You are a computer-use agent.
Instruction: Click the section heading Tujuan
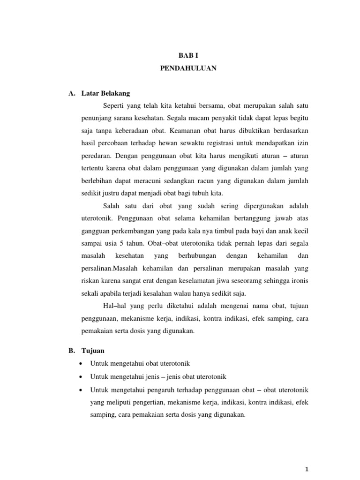pyautogui.click(x=91, y=350)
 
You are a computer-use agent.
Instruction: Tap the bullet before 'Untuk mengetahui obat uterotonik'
pyautogui.click(x=82, y=364)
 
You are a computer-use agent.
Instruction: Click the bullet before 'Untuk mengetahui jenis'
pyautogui.click(x=82, y=376)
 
